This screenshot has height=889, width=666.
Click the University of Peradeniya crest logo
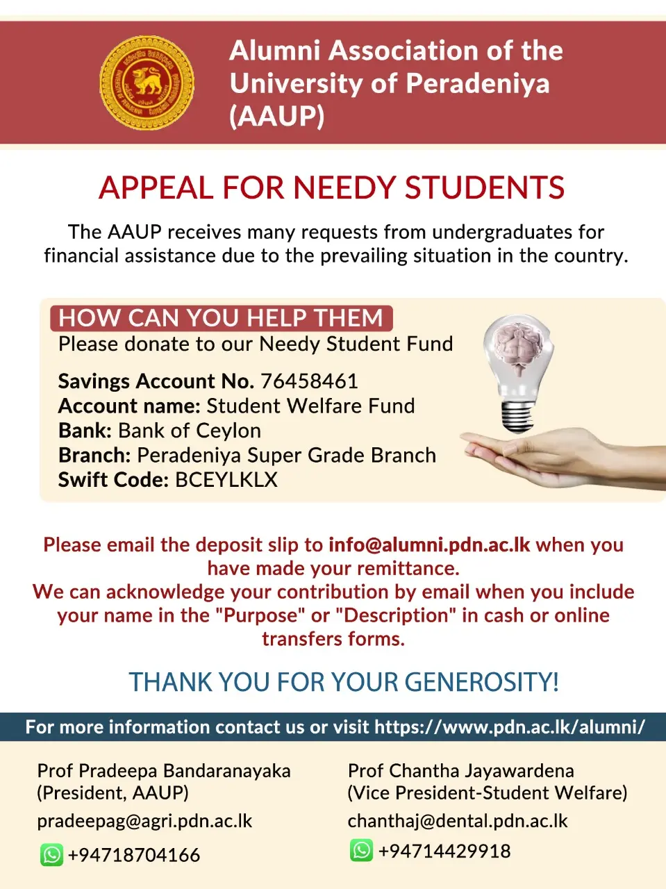click(x=147, y=83)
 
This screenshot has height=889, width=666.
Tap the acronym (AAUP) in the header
click(x=276, y=116)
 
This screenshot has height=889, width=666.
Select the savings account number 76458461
click(x=309, y=381)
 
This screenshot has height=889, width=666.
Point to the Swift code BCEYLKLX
click(x=226, y=480)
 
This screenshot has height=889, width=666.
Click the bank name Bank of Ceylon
click(x=190, y=431)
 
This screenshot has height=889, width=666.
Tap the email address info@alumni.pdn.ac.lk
click(x=429, y=545)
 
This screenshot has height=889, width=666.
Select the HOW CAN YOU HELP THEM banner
click(x=221, y=318)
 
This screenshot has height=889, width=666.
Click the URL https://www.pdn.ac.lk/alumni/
click(x=510, y=727)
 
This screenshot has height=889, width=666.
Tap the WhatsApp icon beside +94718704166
click(x=52, y=854)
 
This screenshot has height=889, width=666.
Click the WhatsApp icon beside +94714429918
click(x=361, y=850)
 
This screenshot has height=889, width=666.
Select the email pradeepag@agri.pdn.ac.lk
click(x=144, y=821)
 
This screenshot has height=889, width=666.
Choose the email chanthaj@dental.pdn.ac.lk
click(x=458, y=821)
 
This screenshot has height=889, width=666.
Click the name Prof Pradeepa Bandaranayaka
click(x=164, y=771)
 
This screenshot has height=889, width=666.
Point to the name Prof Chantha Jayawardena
click(x=461, y=771)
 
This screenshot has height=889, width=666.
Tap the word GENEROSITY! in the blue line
click(x=481, y=682)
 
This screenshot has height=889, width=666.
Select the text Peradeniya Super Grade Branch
click(x=287, y=456)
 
